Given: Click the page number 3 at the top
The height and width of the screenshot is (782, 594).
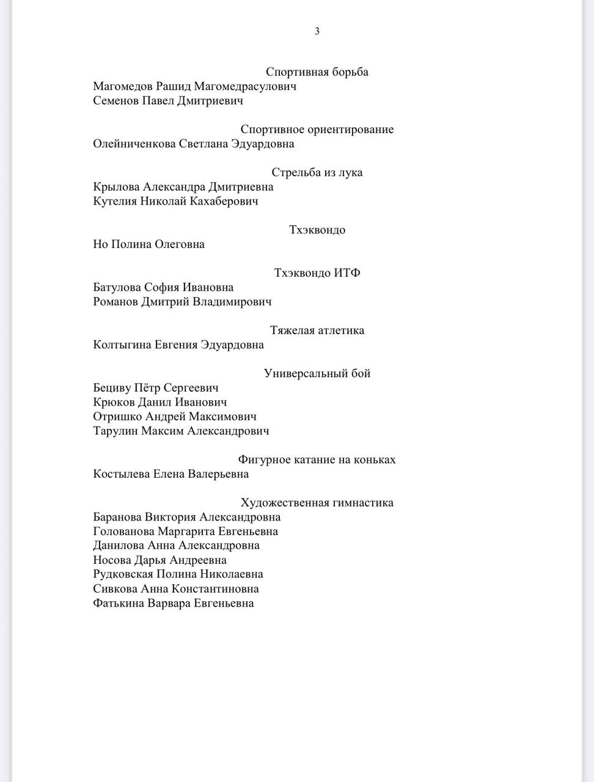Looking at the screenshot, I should [317, 31].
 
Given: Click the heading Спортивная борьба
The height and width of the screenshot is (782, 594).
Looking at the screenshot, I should [317, 72].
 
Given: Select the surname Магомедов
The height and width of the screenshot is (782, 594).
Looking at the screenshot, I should [123, 86].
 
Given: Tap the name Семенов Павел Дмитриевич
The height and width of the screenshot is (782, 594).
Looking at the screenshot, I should [168, 101].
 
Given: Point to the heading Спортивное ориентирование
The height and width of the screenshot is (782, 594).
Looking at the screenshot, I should [317, 130].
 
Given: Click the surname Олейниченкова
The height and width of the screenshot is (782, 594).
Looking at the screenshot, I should [134, 144].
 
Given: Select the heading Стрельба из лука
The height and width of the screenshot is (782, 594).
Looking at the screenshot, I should [317, 172].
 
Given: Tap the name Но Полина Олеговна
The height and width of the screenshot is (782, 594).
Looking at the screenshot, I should [148, 244].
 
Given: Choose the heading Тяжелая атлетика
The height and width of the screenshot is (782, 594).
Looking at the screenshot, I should [317, 331].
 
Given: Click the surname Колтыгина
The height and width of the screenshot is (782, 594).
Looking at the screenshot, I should [122, 345].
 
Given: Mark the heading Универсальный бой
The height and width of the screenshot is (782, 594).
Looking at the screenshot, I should [317, 373].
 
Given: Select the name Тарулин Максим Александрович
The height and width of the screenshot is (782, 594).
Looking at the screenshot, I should [181, 431].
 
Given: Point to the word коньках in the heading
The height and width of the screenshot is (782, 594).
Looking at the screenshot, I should [372, 460].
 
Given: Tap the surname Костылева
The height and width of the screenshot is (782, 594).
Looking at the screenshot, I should [121, 474].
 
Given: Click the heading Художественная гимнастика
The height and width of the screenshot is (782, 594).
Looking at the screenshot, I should [317, 503].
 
